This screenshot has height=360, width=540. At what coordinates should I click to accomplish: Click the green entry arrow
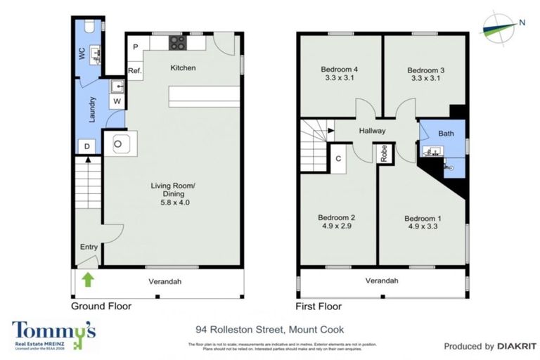88,281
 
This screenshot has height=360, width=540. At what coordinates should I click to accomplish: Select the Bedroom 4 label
340,70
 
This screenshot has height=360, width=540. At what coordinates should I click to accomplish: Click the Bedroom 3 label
426,70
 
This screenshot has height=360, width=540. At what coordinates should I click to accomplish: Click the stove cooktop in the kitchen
177,43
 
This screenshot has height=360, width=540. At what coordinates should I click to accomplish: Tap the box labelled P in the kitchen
136,47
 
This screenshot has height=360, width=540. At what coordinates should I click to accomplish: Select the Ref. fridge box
135,70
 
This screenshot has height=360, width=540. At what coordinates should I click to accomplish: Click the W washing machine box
117,101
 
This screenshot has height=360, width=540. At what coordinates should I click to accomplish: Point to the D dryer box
86,146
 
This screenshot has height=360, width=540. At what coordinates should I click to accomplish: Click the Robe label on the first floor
384,153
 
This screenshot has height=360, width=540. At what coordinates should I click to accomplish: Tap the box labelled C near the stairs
338,159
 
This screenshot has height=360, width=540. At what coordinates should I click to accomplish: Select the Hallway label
372,130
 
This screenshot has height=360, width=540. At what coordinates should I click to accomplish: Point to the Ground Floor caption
101,307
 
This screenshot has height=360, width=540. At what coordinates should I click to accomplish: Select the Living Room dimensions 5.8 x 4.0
171,202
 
